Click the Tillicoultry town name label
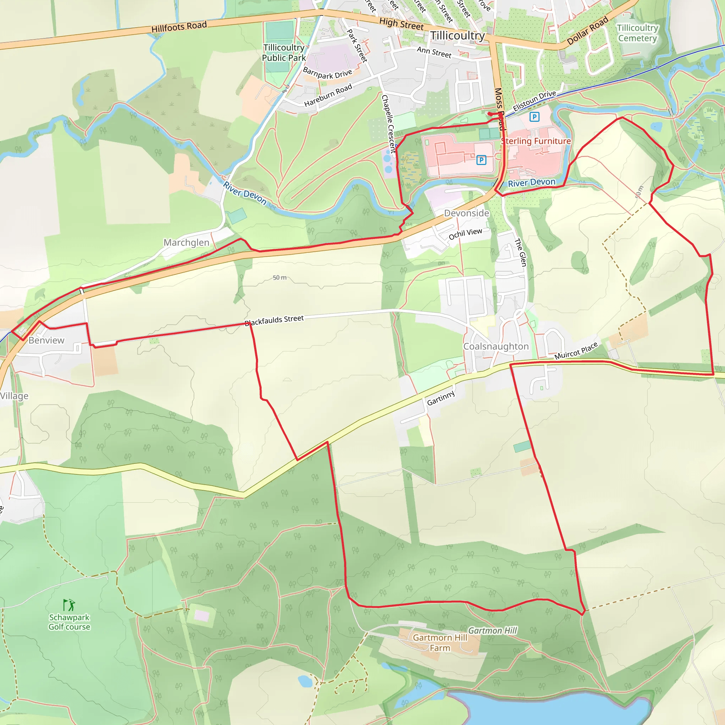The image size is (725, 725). [457, 36]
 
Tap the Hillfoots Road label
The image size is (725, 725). [179, 27]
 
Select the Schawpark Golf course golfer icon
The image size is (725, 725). [69, 605]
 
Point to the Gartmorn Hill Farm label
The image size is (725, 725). [440, 643]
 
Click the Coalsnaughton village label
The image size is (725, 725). [496, 346]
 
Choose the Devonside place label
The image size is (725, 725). [467, 213]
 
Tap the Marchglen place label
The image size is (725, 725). [186, 242]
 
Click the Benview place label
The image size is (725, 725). [46, 340]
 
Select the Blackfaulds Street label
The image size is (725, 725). [274, 320]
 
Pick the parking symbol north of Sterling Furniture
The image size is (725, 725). [534, 117]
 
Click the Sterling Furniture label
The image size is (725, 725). [536, 141]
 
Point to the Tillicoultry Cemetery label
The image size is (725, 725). [637, 33]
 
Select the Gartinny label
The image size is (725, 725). [441, 398]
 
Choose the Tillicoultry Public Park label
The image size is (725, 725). [284, 52]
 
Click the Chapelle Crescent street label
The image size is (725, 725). [388, 124]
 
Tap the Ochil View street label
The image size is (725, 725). [465, 234]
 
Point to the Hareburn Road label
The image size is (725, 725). [328, 95]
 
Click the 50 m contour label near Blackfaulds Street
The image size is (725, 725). [280, 278]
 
